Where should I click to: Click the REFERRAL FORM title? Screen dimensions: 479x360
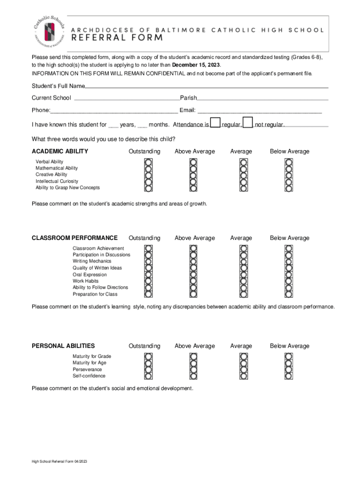(x=117, y=38)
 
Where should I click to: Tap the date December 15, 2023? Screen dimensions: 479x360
(x=196, y=65)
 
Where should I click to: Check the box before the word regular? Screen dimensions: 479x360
(x=215, y=123)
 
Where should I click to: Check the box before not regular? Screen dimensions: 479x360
(x=248, y=123)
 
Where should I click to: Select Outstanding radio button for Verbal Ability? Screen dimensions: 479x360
(x=148, y=162)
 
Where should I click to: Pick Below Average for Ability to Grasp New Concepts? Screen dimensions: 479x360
(x=289, y=188)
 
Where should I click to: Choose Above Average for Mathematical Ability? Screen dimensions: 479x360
(x=194, y=168)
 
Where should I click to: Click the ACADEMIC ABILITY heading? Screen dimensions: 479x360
(x=60, y=152)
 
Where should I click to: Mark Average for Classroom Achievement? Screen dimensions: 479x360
(x=243, y=248)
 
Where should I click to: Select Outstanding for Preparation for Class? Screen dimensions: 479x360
(x=148, y=294)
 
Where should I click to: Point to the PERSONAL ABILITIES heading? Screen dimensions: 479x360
(x=63, y=346)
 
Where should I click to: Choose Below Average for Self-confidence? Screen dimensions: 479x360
(x=289, y=376)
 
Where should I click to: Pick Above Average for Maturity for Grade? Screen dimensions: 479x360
(x=194, y=356)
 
